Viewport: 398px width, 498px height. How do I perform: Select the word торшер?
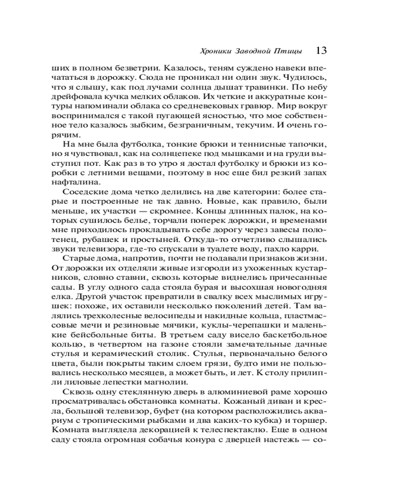pos(311,421)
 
